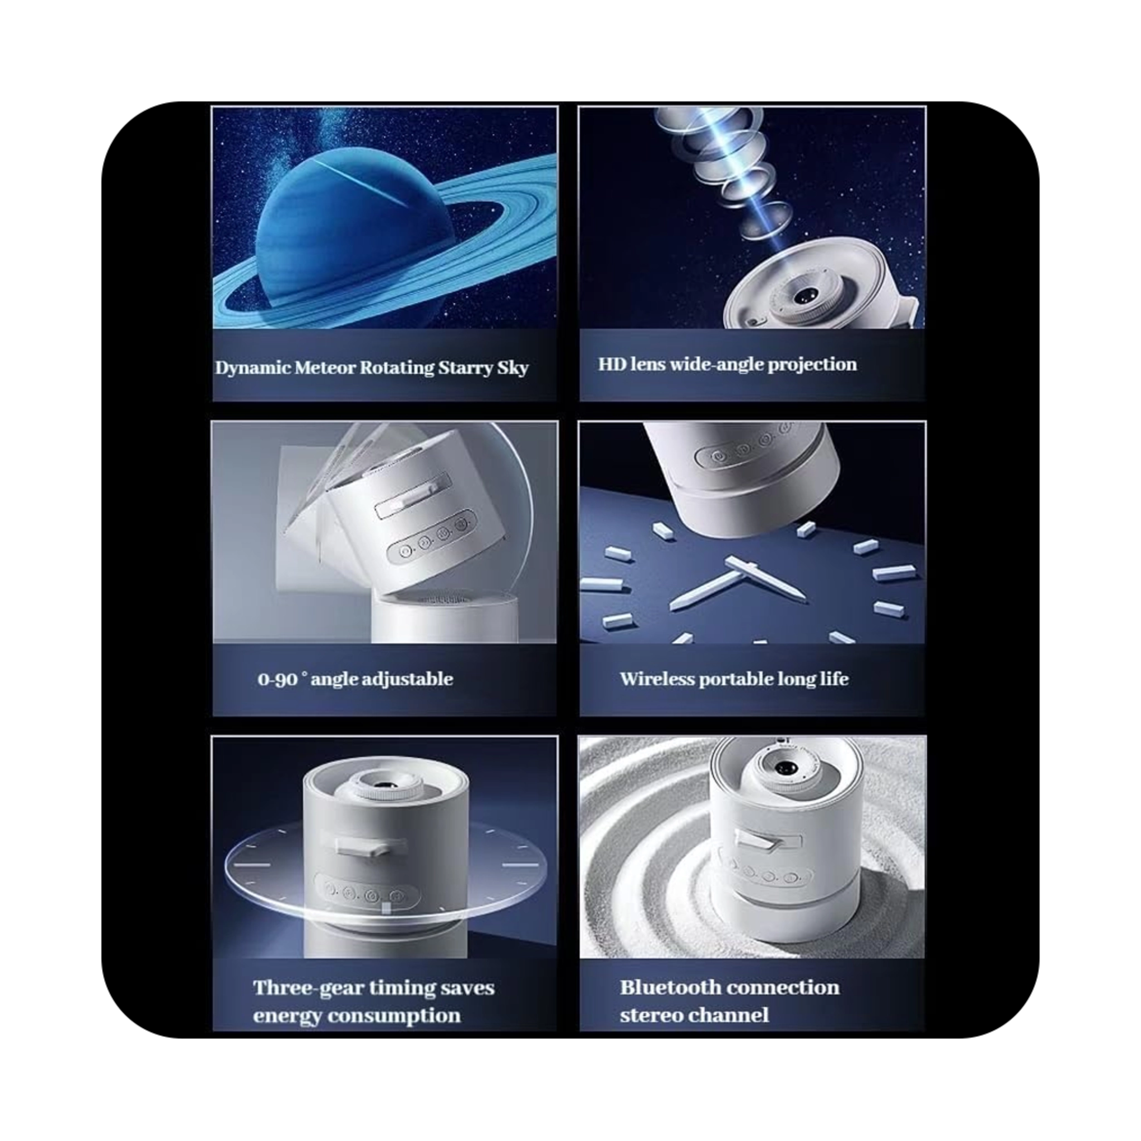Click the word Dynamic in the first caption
253,368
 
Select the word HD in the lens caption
611,364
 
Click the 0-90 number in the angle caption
277,680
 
